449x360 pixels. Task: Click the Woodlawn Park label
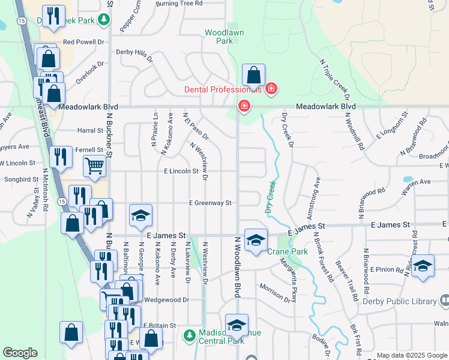point(218,37)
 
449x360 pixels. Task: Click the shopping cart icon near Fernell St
point(94,166)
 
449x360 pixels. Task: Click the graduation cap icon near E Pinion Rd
point(423,266)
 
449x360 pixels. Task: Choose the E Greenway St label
point(210,203)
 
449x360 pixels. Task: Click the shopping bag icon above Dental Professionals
point(254,76)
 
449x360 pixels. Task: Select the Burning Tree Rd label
point(179,4)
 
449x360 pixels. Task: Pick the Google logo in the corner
point(20,353)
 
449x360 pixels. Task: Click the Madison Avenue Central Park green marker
point(190,334)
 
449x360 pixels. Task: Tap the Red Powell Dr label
point(83,43)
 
